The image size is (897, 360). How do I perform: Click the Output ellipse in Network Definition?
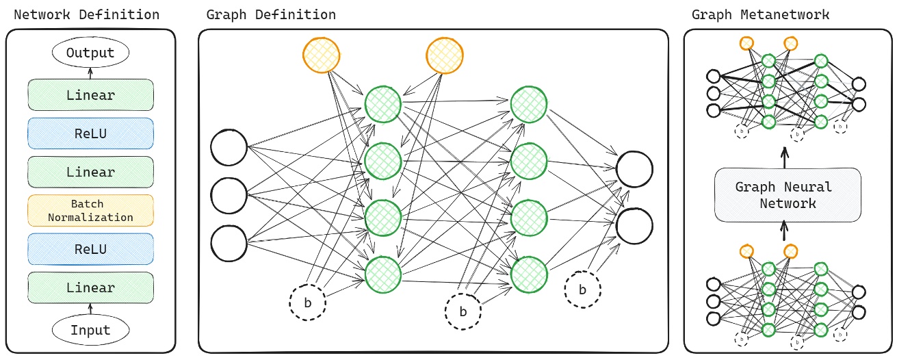90,52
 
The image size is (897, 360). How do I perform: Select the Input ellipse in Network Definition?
90,331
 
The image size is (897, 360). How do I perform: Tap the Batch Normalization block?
90,211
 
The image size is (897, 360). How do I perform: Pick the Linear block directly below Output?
90,95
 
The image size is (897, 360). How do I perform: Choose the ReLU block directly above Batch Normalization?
90,133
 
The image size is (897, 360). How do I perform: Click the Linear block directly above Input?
90,287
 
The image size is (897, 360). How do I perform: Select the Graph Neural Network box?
784,195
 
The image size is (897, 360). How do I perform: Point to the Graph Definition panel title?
271,14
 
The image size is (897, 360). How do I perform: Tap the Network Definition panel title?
86,14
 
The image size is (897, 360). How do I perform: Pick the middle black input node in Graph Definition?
229,195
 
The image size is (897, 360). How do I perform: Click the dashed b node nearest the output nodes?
582,289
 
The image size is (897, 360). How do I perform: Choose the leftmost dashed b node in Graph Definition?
307,303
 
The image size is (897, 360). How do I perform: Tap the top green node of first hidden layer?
382,105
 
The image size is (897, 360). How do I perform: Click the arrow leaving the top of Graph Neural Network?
784,158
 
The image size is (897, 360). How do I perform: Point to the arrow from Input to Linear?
90,309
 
